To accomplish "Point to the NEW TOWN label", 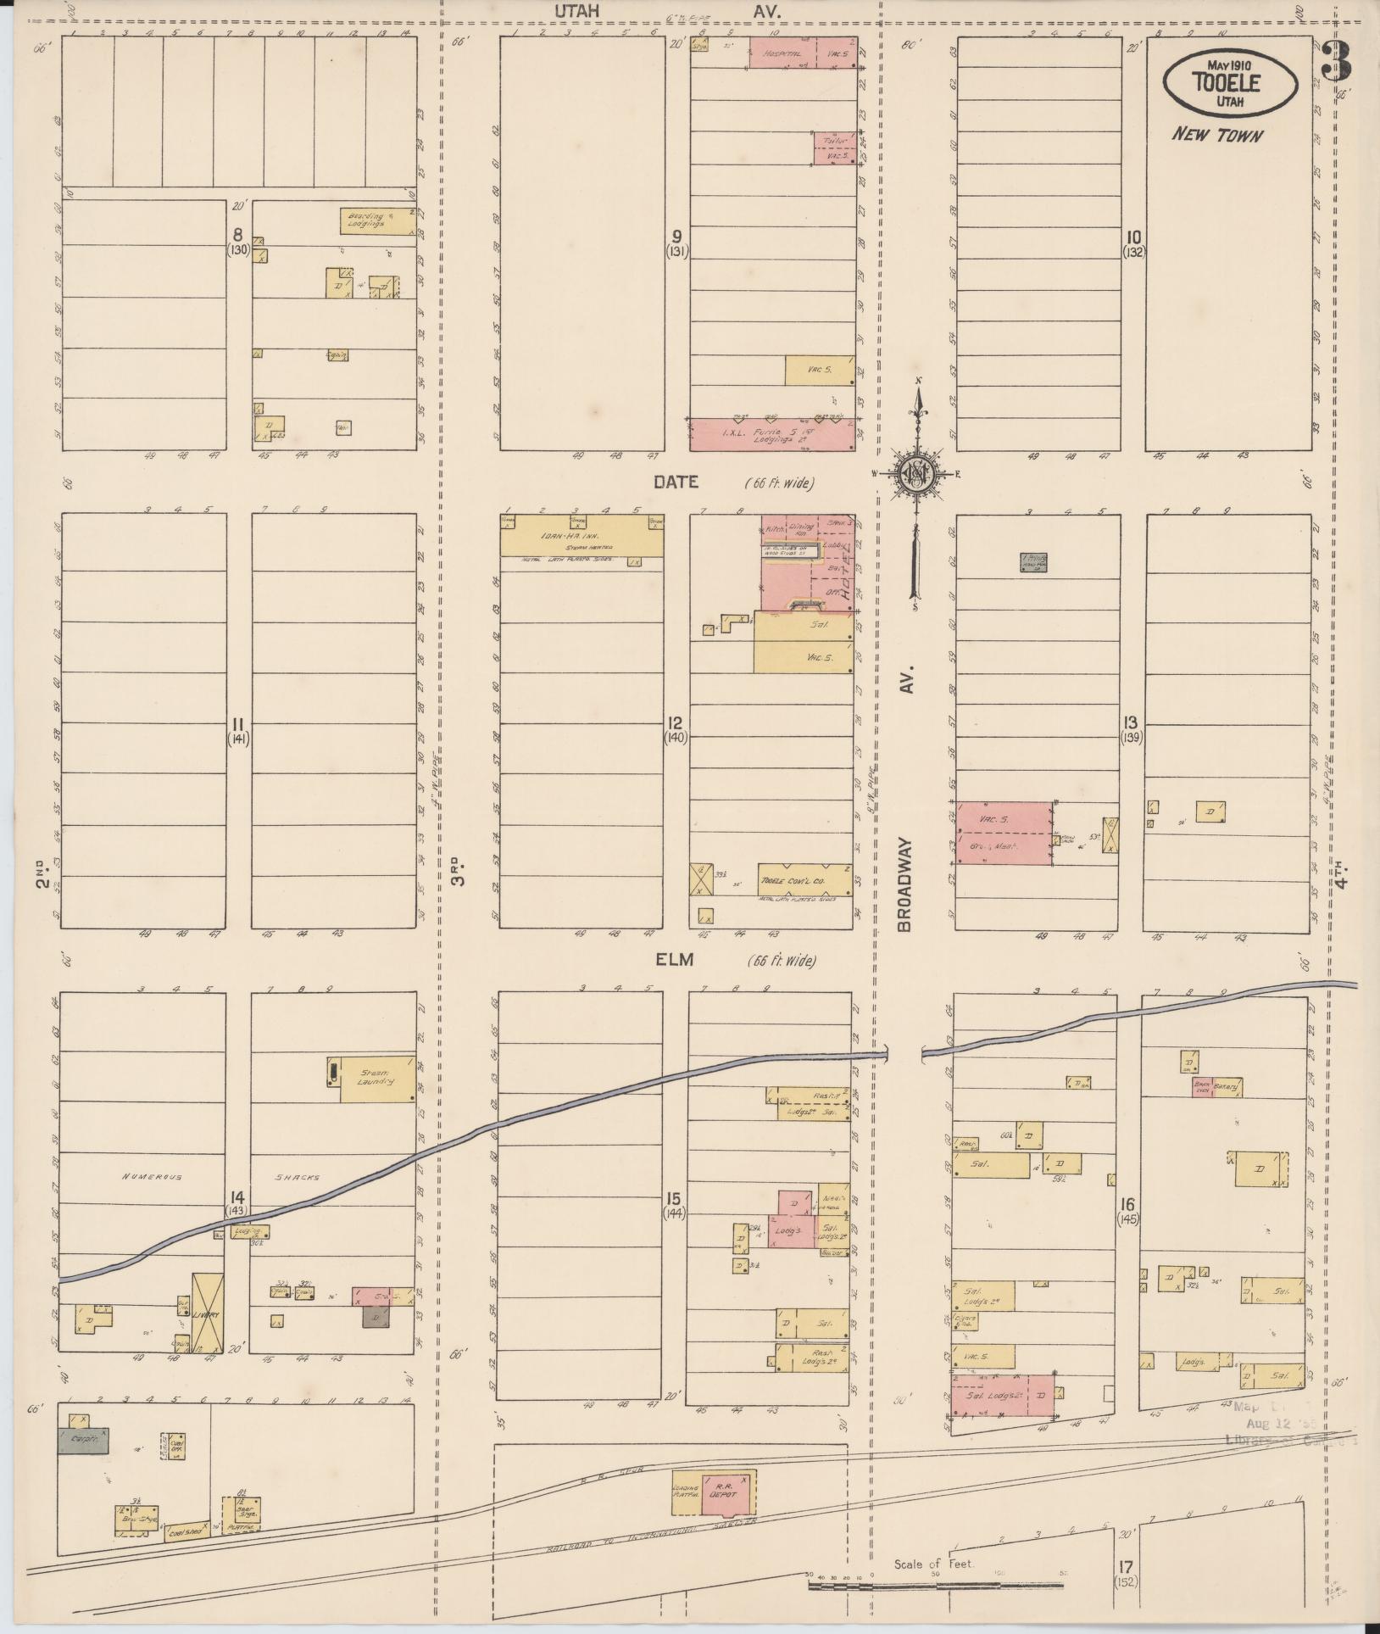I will (1217, 135).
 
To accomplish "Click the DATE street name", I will (675, 482).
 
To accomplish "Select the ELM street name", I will (674, 960).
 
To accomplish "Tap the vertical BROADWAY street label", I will (904, 886).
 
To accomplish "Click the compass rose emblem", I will (916, 473).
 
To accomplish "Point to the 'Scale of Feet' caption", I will (934, 1564).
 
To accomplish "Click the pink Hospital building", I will (786, 53).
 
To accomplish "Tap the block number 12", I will (676, 723).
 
